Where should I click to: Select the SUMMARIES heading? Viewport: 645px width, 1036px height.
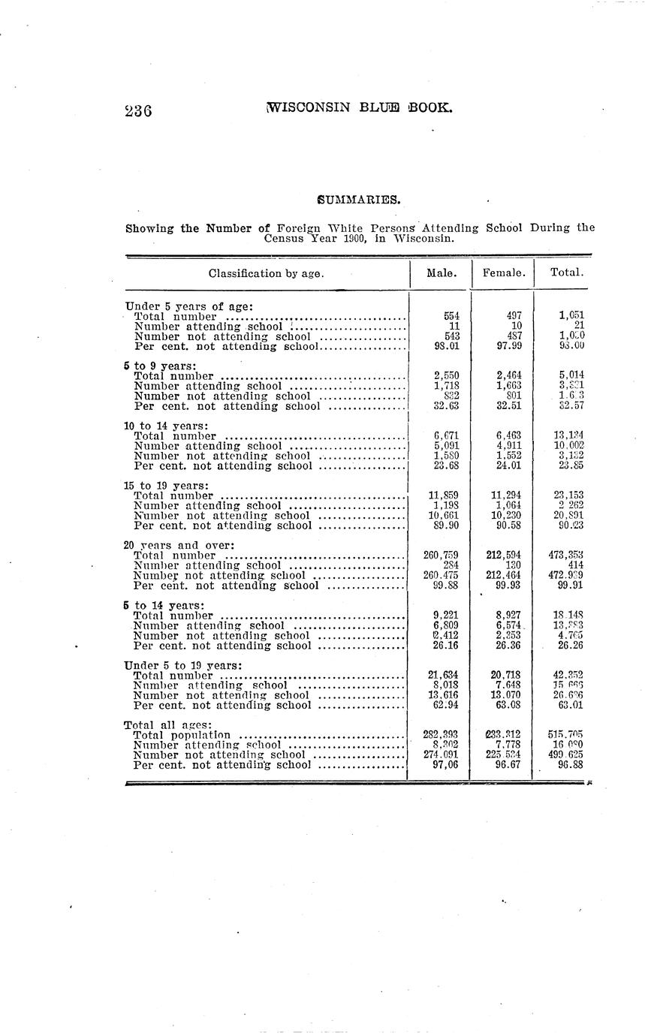click(359, 200)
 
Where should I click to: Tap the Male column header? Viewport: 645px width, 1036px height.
click(442, 273)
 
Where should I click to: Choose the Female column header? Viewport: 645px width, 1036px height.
click(503, 273)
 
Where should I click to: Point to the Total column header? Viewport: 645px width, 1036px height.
click(566, 273)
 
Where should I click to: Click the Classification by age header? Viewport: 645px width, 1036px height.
click(266, 273)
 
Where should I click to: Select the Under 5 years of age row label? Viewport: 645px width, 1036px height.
click(189, 306)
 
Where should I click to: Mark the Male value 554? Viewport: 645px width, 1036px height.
click(452, 317)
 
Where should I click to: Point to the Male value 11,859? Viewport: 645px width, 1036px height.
click(444, 495)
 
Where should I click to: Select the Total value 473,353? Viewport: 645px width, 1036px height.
click(566, 556)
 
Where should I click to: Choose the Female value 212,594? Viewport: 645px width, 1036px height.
click(504, 556)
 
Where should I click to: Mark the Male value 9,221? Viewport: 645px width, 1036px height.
click(445, 616)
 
